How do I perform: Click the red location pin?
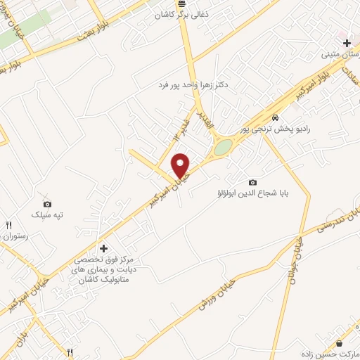tap(181, 165)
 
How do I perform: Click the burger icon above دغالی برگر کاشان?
tap(182, 4)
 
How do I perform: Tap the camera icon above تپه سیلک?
tap(47, 202)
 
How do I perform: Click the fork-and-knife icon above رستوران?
tap(9, 226)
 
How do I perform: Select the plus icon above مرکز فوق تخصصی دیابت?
tap(103, 248)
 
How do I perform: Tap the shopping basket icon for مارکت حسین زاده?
tap(340, 343)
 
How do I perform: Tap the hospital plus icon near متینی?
tap(347, 43)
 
